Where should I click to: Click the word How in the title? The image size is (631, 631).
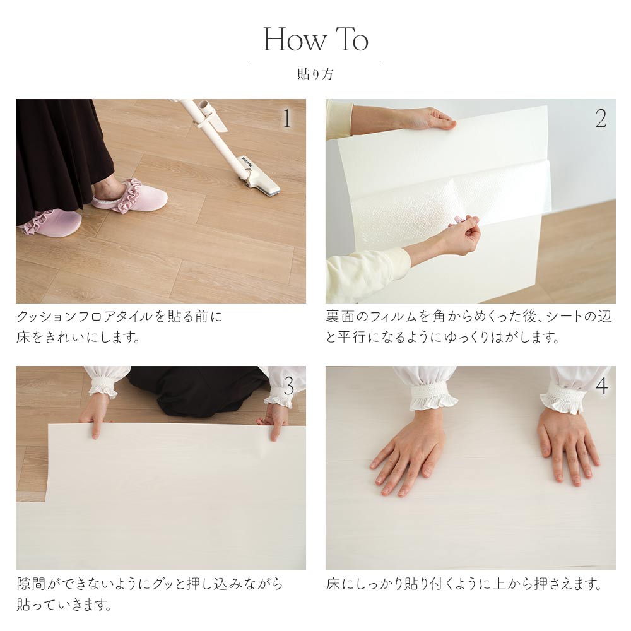295,39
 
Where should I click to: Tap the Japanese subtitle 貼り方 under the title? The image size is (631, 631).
315,74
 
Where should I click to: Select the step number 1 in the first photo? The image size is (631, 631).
287,119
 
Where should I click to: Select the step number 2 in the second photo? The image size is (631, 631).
601,119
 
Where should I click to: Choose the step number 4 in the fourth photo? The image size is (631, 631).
601,386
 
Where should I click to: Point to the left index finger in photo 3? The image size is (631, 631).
95,428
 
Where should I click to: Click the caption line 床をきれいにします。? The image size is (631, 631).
78,337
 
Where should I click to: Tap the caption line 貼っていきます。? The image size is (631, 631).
64,604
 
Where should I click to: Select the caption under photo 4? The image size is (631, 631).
464,584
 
